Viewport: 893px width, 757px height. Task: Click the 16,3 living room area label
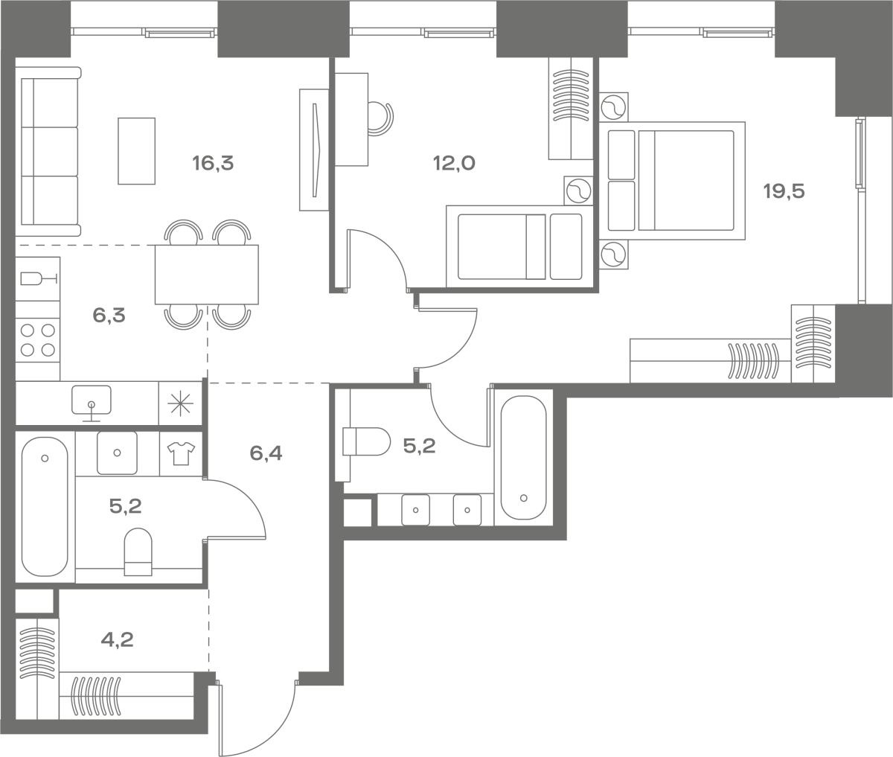point(213,164)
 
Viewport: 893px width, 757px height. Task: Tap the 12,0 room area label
point(454,163)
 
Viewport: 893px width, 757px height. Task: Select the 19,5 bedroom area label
point(784,191)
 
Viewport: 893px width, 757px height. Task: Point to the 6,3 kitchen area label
point(109,316)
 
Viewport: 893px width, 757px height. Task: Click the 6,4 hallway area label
point(266,453)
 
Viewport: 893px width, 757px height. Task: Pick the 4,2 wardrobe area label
point(117,640)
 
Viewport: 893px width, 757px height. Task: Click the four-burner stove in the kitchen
point(38,340)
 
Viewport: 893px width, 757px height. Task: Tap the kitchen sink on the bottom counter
point(91,403)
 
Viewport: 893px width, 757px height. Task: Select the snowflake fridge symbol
point(181,403)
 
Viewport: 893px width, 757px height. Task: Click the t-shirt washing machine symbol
point(181,454)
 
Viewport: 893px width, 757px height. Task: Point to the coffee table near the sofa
point(136,151)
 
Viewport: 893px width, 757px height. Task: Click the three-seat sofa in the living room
point(48,151)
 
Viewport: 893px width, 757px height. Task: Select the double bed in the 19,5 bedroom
point(672,181)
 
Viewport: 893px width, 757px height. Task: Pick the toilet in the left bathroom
point(138,552)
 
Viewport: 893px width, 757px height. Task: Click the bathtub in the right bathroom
point(524,457)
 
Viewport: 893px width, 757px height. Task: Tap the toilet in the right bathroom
point(366,441)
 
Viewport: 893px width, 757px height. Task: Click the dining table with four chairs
point(207,275)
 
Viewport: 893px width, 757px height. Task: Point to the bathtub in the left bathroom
point(45,507)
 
